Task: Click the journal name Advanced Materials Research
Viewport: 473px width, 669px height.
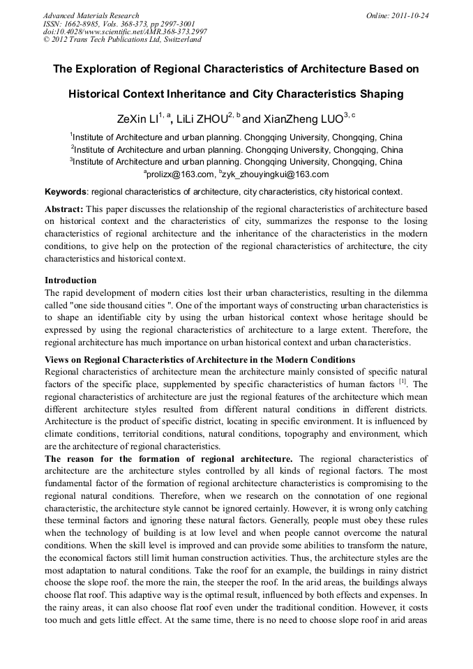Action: (x=91, y=15)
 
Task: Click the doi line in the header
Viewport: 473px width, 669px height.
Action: (x=125, y=32)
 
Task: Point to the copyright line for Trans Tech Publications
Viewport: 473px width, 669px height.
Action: (x=122, y=40)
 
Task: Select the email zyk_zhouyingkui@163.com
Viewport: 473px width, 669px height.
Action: (x=276, y=174)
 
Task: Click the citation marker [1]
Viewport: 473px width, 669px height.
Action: (x=403, y=382)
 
